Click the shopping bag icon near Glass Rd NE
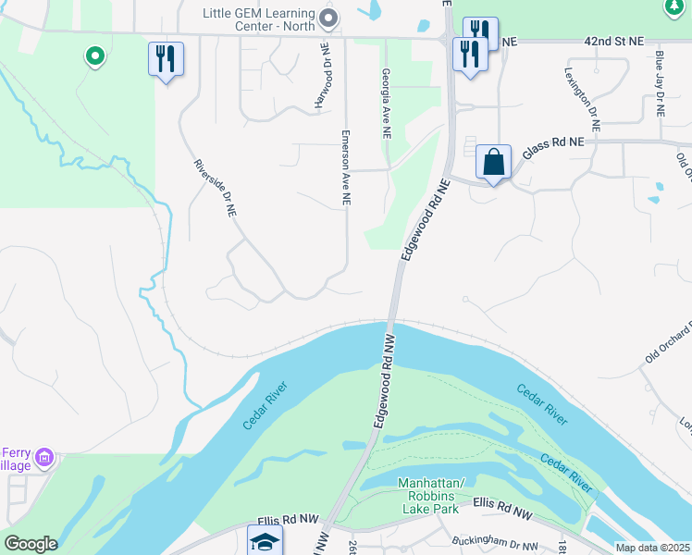tap(494, 162)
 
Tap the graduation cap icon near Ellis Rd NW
tap(264, 541)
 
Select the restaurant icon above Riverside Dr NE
tap(166, 59)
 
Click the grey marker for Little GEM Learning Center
tap(326, 18)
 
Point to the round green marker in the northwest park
tap(93, 57)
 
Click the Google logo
tap(30, 544)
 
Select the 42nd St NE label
tap(612, 43)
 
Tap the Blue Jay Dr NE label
tap(659, 83)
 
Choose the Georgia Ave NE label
tap(386, 104)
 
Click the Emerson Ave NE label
tap(345, 166)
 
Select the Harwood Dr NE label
tap(322, 77)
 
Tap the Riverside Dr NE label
tap(216, 188)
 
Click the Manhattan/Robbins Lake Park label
tap(427, 496)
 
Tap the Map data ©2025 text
tap(652, 548)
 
